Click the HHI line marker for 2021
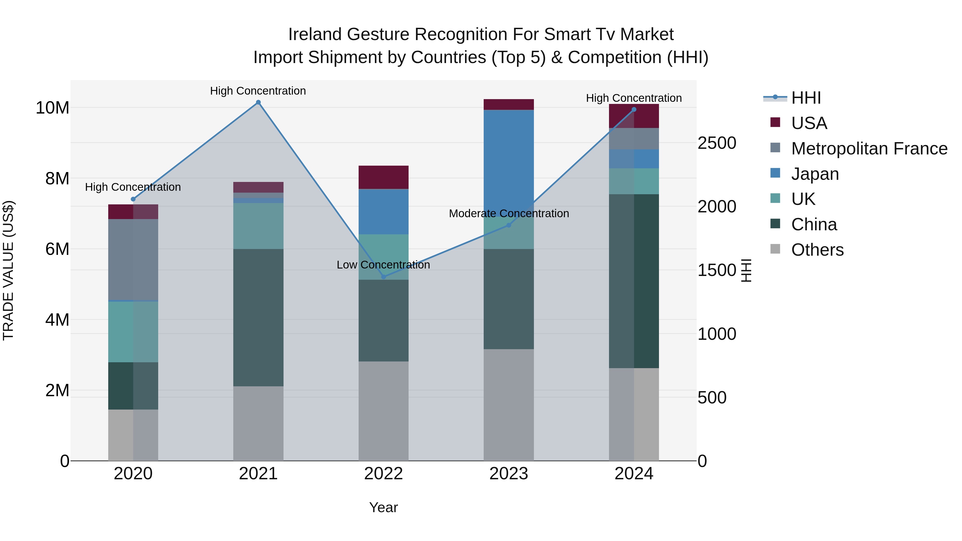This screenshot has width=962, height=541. point(258,102)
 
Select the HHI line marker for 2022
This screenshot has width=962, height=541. point(383,277)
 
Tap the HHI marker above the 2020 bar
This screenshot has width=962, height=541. point(133,199)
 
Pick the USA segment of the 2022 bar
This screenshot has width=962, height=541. point(383,177)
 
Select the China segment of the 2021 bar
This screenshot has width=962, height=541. point(258,317)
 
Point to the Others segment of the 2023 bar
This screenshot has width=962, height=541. point(509,405)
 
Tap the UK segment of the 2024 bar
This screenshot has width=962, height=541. point(634,181)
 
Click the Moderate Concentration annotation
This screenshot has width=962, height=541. point(509,213)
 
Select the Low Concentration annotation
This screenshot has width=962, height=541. point(383,265)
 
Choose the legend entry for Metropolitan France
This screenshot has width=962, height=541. point(869,149)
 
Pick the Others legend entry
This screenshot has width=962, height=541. point(817,250)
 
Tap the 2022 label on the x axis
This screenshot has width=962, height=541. point(383,474)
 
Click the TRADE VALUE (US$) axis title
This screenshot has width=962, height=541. point(8,270)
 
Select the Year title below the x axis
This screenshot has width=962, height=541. point(383,507)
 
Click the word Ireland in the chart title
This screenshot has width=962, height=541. point(315,34)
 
